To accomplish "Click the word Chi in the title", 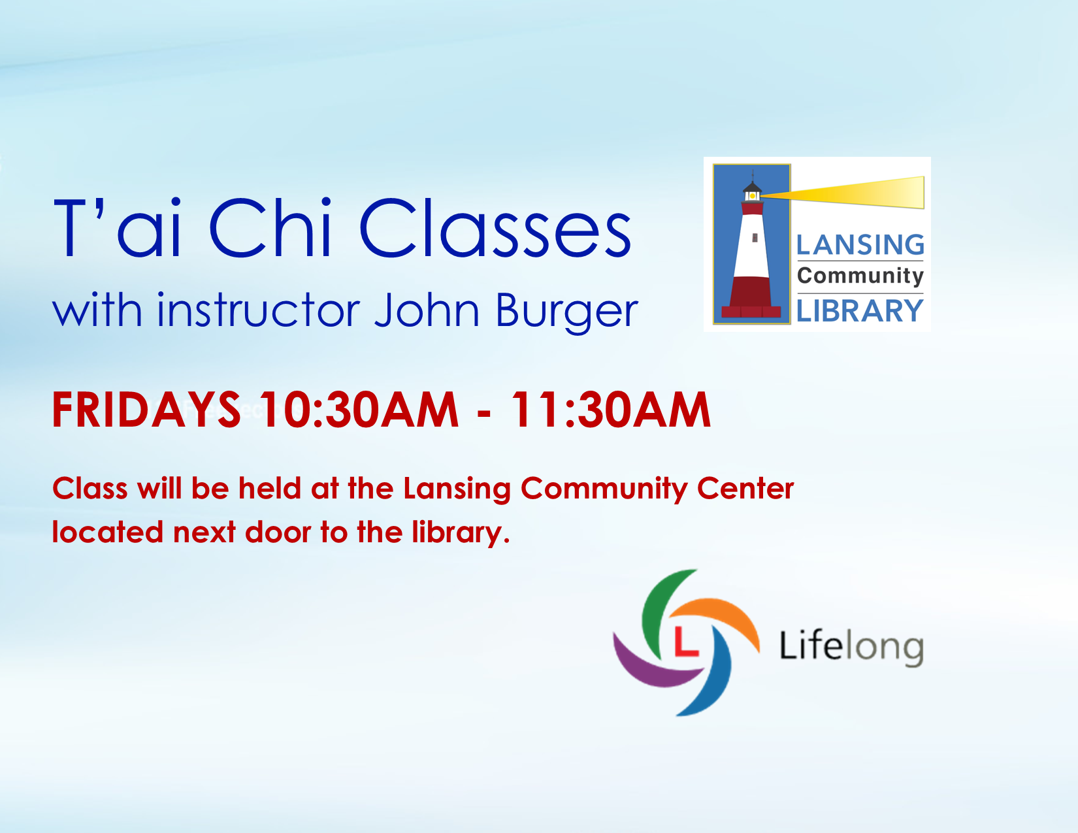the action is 271,228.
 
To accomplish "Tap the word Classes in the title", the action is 495,228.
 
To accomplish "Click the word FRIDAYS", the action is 146,410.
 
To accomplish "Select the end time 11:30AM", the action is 611,410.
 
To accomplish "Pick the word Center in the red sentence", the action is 745,489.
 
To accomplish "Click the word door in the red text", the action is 277,532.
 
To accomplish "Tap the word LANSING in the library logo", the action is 860,245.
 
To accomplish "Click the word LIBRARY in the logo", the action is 860,310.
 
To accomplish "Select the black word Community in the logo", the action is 860,276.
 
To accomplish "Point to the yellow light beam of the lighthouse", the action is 842,193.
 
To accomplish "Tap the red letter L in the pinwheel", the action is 686,642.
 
